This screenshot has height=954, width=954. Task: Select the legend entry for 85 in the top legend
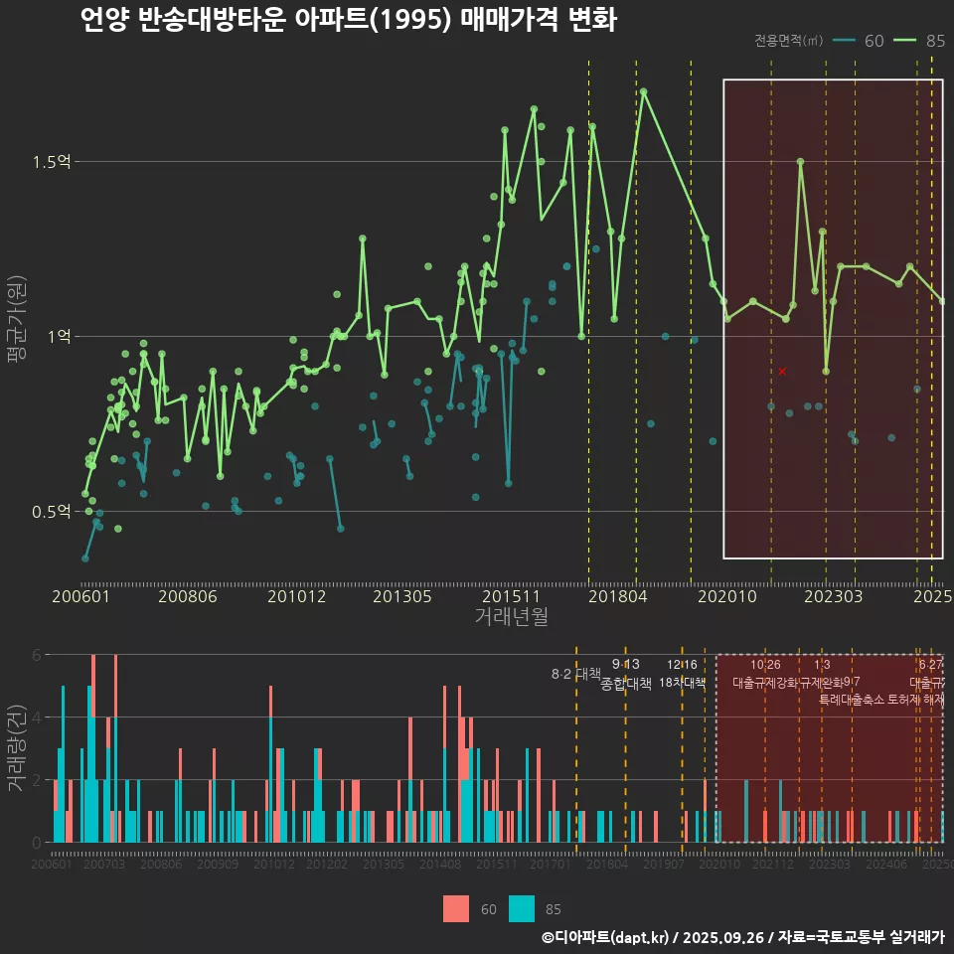point(919,41)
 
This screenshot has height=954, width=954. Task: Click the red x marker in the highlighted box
point(782,371)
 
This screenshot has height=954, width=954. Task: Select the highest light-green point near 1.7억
point(644,91)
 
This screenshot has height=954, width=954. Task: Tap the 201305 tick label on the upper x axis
point(401,596)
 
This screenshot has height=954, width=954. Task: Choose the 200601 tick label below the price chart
point(80,596)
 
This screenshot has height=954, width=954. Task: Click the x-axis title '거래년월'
point(511,617)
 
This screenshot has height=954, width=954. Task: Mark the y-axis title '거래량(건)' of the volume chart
point(17,747)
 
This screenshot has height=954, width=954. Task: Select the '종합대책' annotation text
point(626,684)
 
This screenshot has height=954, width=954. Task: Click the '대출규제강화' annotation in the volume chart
point(765,683)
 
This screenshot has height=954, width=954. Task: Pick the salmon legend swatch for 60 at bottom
point(455,908)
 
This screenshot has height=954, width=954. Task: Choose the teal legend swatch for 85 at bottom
point(522,908)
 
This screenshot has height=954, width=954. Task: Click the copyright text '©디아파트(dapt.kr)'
point(606,937)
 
